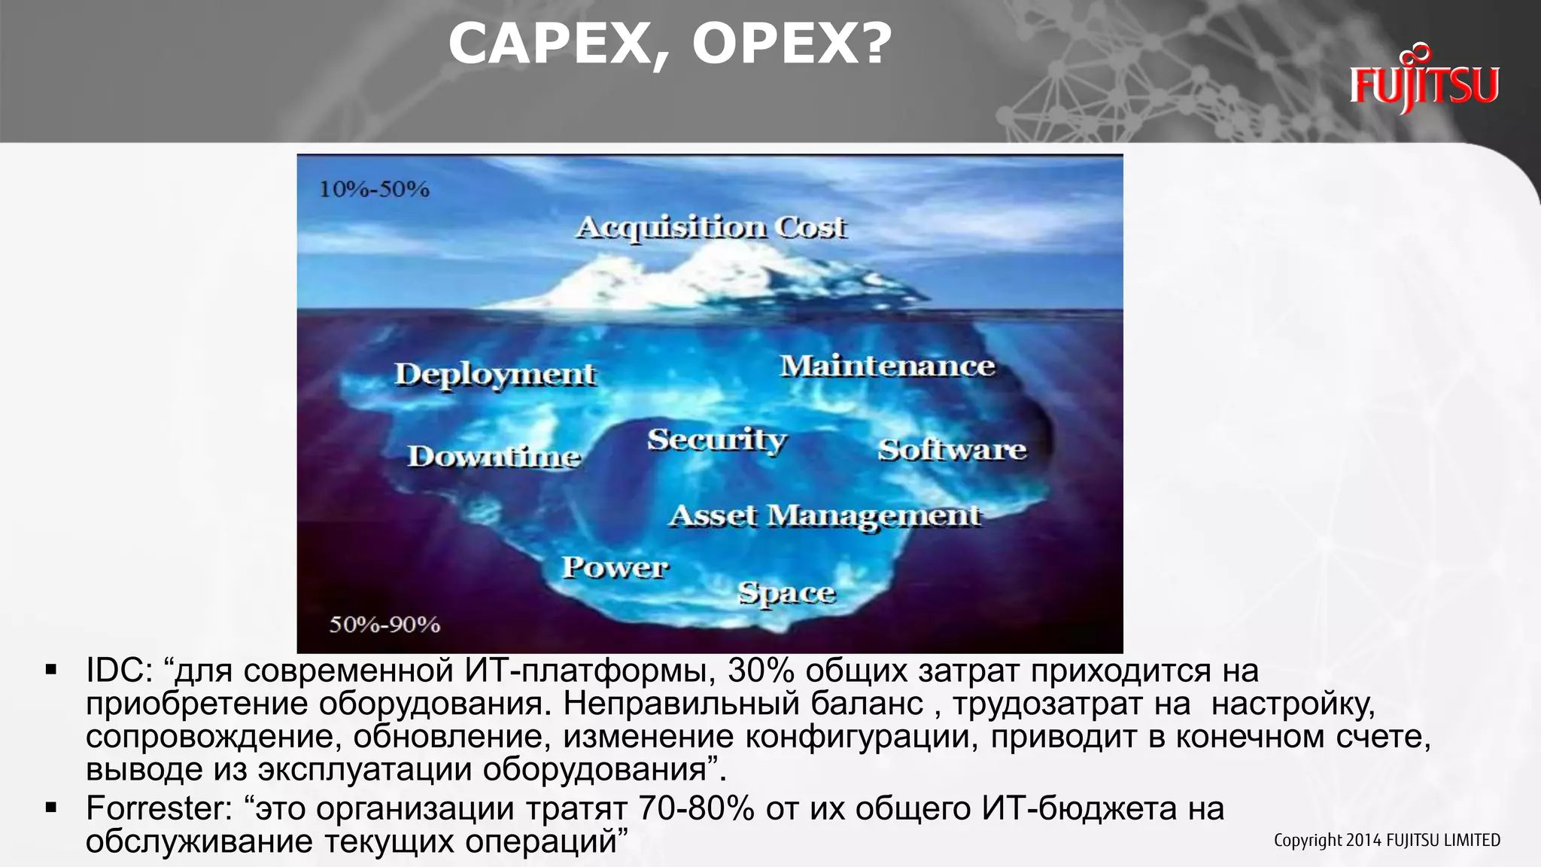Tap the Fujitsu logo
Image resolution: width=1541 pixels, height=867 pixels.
coord(1424,81)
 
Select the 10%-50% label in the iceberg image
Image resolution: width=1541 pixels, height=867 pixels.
coord(374,189)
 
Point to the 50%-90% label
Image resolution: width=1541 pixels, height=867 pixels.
coord(384,624)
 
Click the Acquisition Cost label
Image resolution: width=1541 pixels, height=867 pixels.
coord(711,227)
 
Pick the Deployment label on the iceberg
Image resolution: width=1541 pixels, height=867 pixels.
coord(495,374)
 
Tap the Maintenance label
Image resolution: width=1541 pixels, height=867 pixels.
coord(887,366)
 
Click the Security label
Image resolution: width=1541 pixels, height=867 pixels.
coord(716,440)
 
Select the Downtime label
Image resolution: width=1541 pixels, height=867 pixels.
coord(494,456)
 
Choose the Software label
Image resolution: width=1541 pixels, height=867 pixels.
coord(952,449)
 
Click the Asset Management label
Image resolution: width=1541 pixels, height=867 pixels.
coord(825,516)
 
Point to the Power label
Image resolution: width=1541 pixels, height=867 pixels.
coord(615,567)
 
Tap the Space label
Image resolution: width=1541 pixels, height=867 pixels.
coord(786,593)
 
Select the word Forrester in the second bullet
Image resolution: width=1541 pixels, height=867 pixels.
coord(159,809)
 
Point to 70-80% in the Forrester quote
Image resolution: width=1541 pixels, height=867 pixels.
coord(696,809)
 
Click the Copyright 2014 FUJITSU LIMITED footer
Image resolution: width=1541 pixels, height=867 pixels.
coord(1386,840)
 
